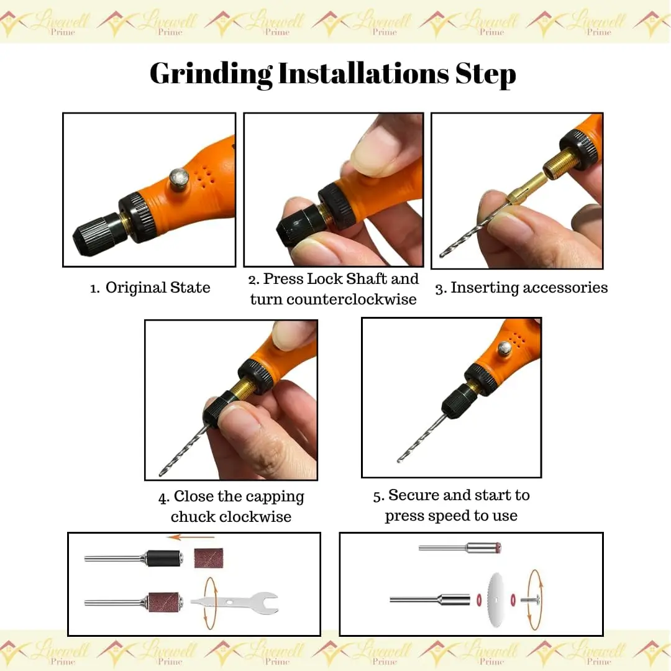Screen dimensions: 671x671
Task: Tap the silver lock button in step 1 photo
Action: coord(179,179)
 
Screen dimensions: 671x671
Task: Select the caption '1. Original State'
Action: coord(150,288)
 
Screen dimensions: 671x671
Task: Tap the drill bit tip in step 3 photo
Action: coord(442,255)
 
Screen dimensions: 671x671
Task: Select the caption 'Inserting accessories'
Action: coord(529,288)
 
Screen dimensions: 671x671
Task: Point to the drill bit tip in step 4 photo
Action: coord(162,473)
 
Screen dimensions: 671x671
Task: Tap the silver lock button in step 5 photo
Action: coord(504,349)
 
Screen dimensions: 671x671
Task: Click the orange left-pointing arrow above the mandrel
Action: coord(191,537)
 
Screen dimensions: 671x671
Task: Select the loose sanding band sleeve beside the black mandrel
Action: coord(209,559)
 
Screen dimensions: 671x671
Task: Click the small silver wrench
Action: coord(234,602)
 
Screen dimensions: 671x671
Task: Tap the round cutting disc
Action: coord(496,600)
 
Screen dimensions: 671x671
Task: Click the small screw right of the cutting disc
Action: coord(530,600)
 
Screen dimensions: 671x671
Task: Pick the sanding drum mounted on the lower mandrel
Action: coord(163,603)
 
